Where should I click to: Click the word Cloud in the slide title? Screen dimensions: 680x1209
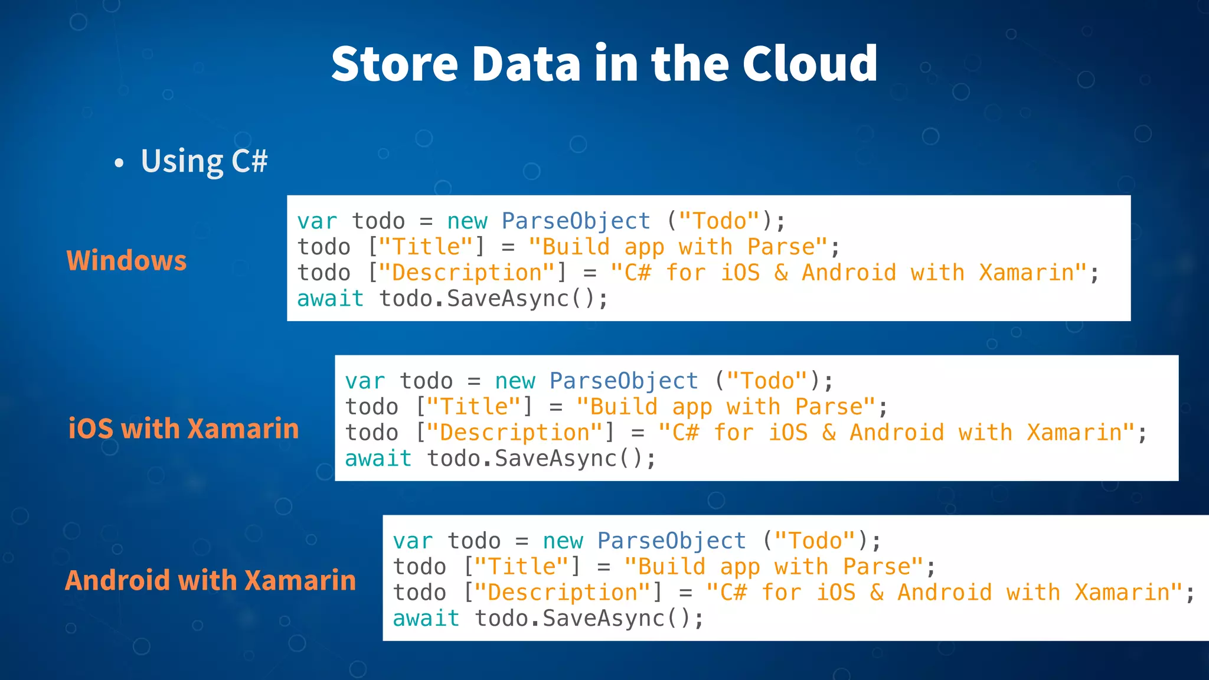809,64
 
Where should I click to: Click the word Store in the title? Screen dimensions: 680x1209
394,64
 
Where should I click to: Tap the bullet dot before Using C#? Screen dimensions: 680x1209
119,163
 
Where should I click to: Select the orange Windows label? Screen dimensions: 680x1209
126,261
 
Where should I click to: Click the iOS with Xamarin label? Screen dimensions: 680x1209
184,429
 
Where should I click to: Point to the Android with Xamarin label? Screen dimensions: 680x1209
211,580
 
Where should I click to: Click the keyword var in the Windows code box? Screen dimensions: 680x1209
317,221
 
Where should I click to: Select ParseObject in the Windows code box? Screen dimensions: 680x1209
576,221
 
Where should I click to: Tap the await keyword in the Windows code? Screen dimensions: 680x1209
330,299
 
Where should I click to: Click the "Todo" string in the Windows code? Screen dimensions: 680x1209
719,221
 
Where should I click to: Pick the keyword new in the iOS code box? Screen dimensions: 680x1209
515,381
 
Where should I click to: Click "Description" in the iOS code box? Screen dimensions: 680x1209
515,433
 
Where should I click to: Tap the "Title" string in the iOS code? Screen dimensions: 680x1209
474,407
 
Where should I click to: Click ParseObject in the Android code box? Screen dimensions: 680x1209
671,541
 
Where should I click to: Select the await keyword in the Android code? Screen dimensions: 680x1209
426,619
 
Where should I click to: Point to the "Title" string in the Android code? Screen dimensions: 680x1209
522,567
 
